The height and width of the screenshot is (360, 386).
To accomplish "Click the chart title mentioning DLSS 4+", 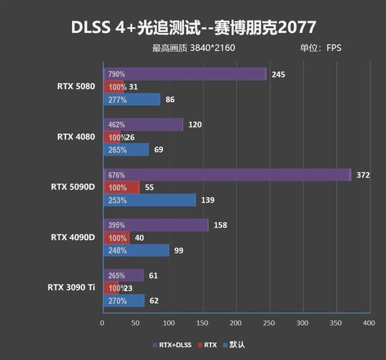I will pyautogui.click(x=194, y=27).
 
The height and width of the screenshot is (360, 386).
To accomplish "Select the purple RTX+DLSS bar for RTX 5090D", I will pyautogui.click(x=227, y=175).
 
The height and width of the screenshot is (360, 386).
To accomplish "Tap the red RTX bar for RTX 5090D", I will pyautogui.click(x=122, y=188).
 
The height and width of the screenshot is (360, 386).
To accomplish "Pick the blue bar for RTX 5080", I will pyautogui.click(x=132, y=100).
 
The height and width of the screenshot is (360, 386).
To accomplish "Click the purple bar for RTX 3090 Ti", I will pyautogui.click(x=123, y=275).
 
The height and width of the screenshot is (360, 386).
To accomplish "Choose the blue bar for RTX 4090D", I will pyautogui.click(x=136, y=250).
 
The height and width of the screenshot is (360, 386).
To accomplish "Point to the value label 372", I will pyautogui.click(x=364, y=175).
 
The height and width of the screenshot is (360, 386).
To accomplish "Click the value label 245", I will pyautogui.click(x=278, y=74).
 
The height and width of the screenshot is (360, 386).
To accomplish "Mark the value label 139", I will pyautogui.click(x=208, y=200).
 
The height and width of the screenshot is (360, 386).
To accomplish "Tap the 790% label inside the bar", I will pyautogui.click(x=116, y=74).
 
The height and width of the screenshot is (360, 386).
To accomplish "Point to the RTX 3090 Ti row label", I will pyautogui.click(x=71, y=287).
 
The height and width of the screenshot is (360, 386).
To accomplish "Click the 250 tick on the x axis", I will pyautogui.click(x=269, y=323).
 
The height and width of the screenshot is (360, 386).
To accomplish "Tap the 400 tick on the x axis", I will pyautogui.click(x=368, y=323).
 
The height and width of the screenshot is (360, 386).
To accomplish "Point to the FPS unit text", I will pyautogui.click(x=334, y=48).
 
